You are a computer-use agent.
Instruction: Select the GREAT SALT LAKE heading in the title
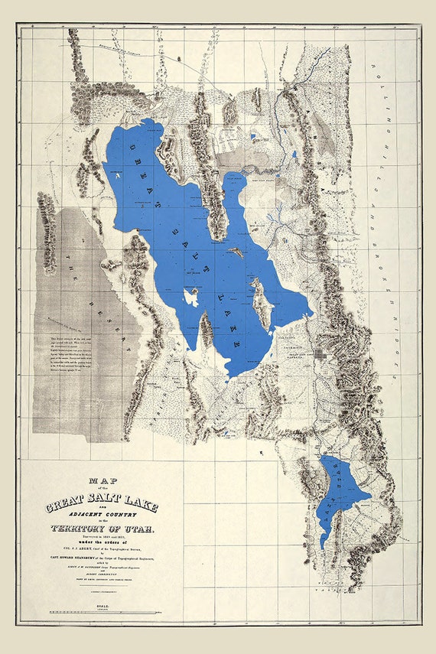coord(101,506)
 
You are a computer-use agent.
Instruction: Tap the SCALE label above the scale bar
coord(101,604)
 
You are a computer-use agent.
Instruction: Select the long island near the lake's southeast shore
coord(262,304)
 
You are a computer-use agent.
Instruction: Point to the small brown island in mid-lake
coord(236,252)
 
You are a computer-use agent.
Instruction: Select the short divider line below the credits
coord(101,591)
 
